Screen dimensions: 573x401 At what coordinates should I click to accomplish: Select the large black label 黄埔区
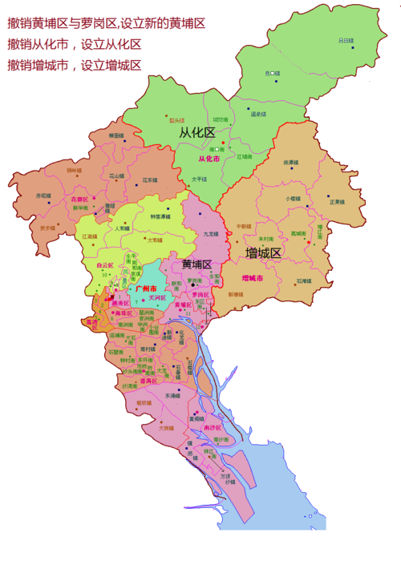coord(196,264)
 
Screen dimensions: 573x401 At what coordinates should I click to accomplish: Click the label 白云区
coord(105,264)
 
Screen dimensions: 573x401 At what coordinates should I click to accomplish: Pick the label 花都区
coord(79,198)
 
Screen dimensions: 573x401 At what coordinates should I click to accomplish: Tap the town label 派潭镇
coord(290,163)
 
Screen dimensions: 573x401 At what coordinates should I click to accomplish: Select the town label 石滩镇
coord(302,280)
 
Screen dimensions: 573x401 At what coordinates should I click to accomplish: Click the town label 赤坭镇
coord(43,196)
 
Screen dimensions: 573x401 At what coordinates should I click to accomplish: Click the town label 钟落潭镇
coord(160,216)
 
